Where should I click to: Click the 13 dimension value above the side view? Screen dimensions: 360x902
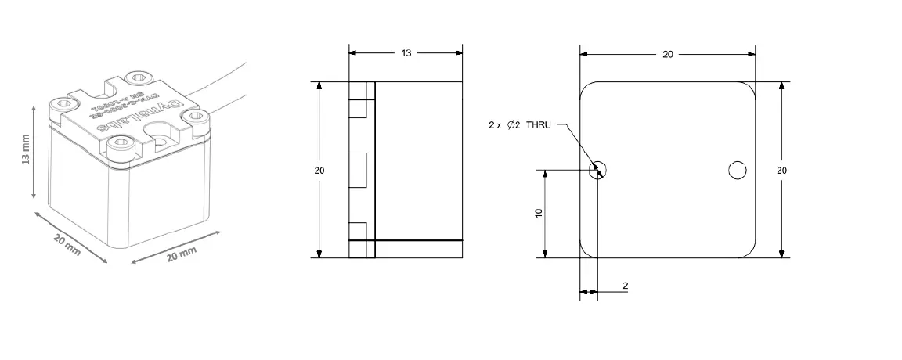tap(406, 53)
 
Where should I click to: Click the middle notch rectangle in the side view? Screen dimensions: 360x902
tap(359, 170)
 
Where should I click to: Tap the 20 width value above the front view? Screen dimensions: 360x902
tap(667, 54)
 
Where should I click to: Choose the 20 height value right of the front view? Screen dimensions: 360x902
tap(781, 170)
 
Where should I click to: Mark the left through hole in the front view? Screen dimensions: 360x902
tap(599, 170)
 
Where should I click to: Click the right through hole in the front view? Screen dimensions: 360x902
tap(737, 170)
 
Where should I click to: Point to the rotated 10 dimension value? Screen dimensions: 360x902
tap(539, 212)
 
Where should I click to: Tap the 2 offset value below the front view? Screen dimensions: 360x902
tap(625, 286)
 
